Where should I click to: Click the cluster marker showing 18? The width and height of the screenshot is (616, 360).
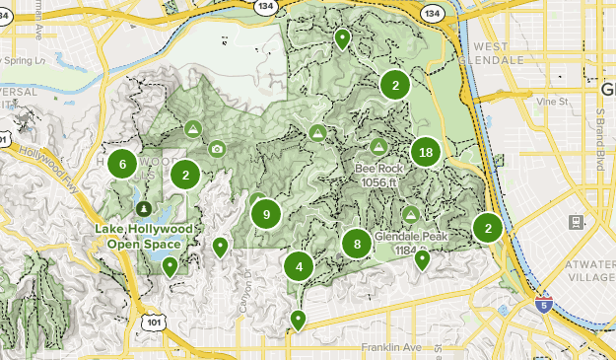[426, 152]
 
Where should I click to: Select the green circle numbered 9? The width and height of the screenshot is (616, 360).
[266, 213]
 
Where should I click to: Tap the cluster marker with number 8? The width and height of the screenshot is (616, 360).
[357, 244]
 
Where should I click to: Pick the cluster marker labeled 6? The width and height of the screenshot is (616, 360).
[122, 165]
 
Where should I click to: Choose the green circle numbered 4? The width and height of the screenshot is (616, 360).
[299, 266]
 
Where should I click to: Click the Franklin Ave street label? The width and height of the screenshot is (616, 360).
[390, 348]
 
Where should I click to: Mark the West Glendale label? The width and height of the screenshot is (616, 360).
[498, 52]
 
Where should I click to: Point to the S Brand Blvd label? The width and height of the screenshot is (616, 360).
[599, 139]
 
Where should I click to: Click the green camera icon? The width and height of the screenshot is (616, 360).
[217, 149]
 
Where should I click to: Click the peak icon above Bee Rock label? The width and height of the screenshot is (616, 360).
[378, 146]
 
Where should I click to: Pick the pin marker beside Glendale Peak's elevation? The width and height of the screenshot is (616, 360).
[422, 259]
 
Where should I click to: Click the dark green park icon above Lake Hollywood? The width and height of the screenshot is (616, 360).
[144, 209]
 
